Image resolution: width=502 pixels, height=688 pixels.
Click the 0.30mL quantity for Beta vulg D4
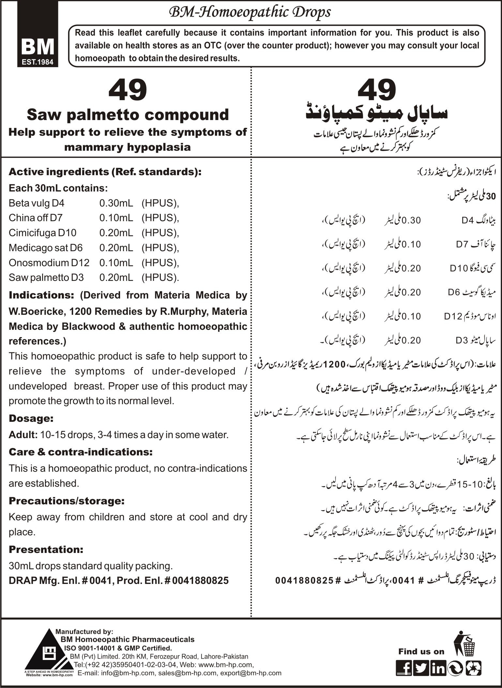[116, 203]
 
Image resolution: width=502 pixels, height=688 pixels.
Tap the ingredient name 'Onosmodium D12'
[49, 263]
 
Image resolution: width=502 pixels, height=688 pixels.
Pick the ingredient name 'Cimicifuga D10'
[42, 233]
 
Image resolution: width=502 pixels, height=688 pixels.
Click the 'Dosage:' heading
[31, 418]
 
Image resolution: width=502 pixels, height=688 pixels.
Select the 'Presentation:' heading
[46, 549]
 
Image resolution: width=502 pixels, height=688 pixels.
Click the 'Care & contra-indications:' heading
[81, 452]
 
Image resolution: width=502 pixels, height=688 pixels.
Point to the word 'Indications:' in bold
[42, 295]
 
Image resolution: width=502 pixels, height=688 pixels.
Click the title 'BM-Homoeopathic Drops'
[250, 12]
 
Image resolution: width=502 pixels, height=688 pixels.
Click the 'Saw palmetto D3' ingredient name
[46, 278]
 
